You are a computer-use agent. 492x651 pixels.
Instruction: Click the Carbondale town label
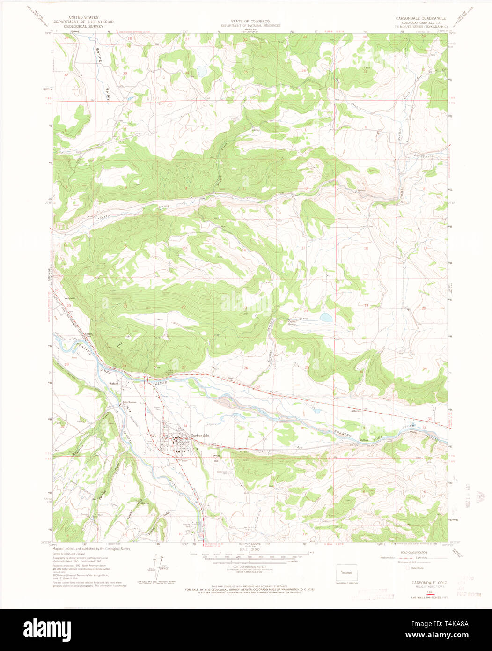tap(200, 436)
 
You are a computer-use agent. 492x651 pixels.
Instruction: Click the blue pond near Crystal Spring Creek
tap(326, 318)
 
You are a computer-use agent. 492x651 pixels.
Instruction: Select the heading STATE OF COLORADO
tap(250, 22)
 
